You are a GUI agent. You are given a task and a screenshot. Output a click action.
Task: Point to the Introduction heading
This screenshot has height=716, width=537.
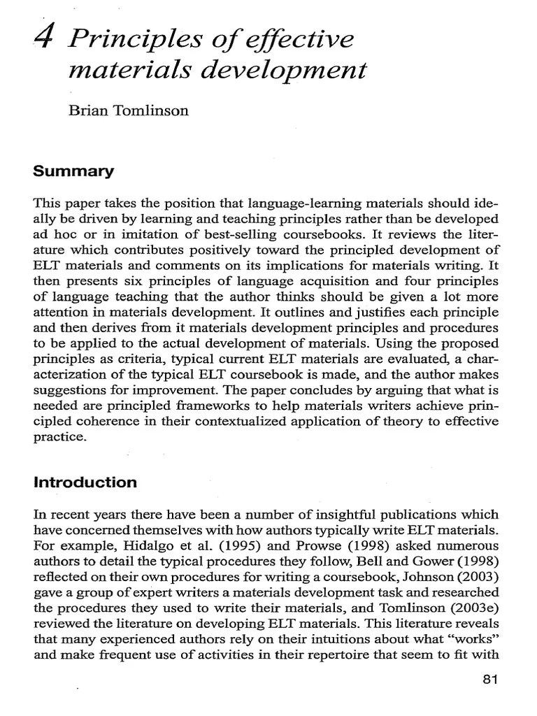point(86,482)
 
